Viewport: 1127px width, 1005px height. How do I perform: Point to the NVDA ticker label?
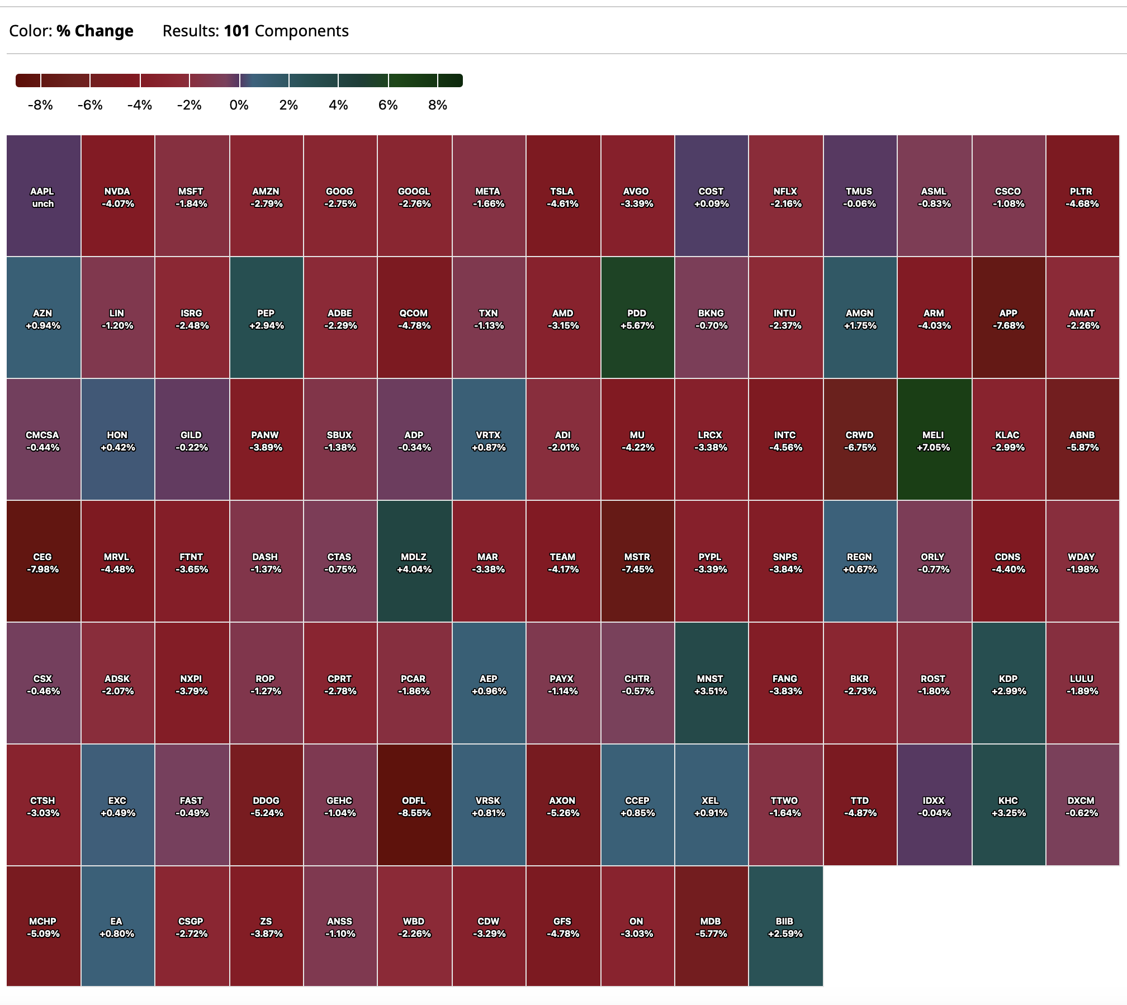117,191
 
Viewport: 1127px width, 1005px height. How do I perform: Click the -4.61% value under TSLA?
562,204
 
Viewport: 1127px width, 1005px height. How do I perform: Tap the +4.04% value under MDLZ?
414,570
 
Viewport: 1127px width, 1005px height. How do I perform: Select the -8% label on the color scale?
40,105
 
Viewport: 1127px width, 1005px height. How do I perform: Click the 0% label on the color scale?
239,105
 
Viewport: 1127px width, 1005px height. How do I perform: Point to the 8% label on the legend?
438,105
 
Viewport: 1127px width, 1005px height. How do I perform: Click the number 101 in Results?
236,31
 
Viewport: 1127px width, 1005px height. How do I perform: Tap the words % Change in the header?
95,31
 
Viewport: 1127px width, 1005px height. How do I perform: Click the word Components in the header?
302,31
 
